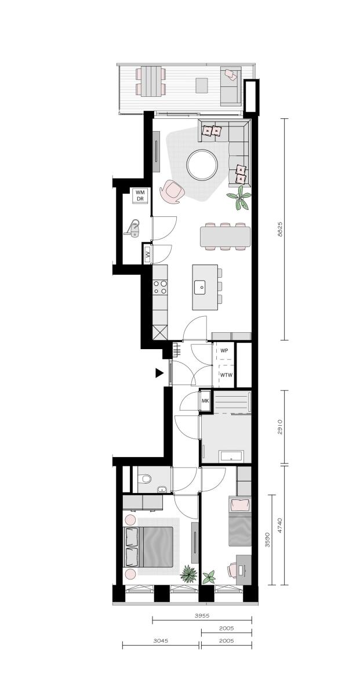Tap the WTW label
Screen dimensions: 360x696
pyautogui.click(x=226, y=375)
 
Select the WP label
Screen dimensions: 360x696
pyautogui.click(x=224, y=350)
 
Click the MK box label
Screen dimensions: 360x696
pyautogui.click(x=205, y=401)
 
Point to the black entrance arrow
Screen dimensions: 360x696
pyautogui.click(x=159, y=373)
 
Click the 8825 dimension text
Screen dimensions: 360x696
pyautogui.click(x=279, y=229)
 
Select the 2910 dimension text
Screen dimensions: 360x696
pyautogui.click(x=279, y=427)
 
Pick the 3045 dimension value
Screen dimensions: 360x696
pyautogui.click(x=161, y=640)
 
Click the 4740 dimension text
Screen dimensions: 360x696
pyautogui.click(x=280, y=525)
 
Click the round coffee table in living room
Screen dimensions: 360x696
pyautogui.click(x=202, y=165)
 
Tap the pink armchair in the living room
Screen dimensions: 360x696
pyautogui.click(x=172, y=191)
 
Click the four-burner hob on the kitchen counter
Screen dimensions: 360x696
pyautogui.click(x=159, y=287)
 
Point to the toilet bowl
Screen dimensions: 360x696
pyautogui.click(x=145, y=478)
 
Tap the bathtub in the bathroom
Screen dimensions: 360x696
pyautogui.click(x=231, y=456)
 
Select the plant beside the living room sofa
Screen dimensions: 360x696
pyautogui.click(x=238, y=198)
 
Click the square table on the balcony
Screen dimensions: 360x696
pyautogui.click(x=202, y=85)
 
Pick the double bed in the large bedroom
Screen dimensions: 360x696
pyautogui.click(x=148, y=546)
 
